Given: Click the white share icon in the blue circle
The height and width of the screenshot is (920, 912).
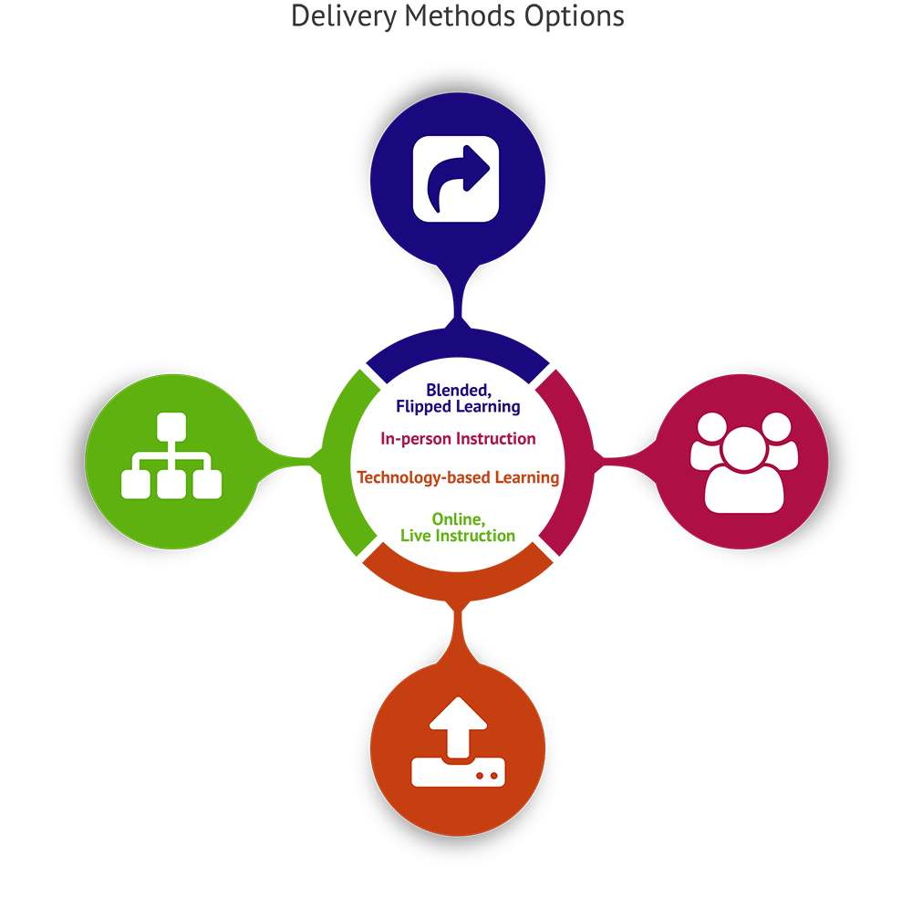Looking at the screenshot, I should pyautogui.click(x=456, y=178).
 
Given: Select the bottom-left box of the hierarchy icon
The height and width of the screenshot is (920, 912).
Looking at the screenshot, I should pyautogui.click(x=135, y=485).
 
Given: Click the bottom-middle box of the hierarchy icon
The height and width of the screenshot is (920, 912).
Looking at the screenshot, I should pyautogui.click(x=171, y=485).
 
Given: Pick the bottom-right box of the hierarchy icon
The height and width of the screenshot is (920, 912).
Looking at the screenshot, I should pyautogui.click(x=208, y=485).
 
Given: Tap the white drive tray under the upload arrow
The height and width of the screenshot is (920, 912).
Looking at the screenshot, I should pyautogui.click(x=457, y=772).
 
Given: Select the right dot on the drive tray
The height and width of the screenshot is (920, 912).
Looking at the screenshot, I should pyautogui.click(x=494, y=775).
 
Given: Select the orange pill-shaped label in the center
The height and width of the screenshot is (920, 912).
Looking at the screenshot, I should pyautogui.click(x=456, y=476).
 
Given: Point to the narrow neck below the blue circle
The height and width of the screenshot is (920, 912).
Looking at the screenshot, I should pyautogui.click(x=457, y=290).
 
